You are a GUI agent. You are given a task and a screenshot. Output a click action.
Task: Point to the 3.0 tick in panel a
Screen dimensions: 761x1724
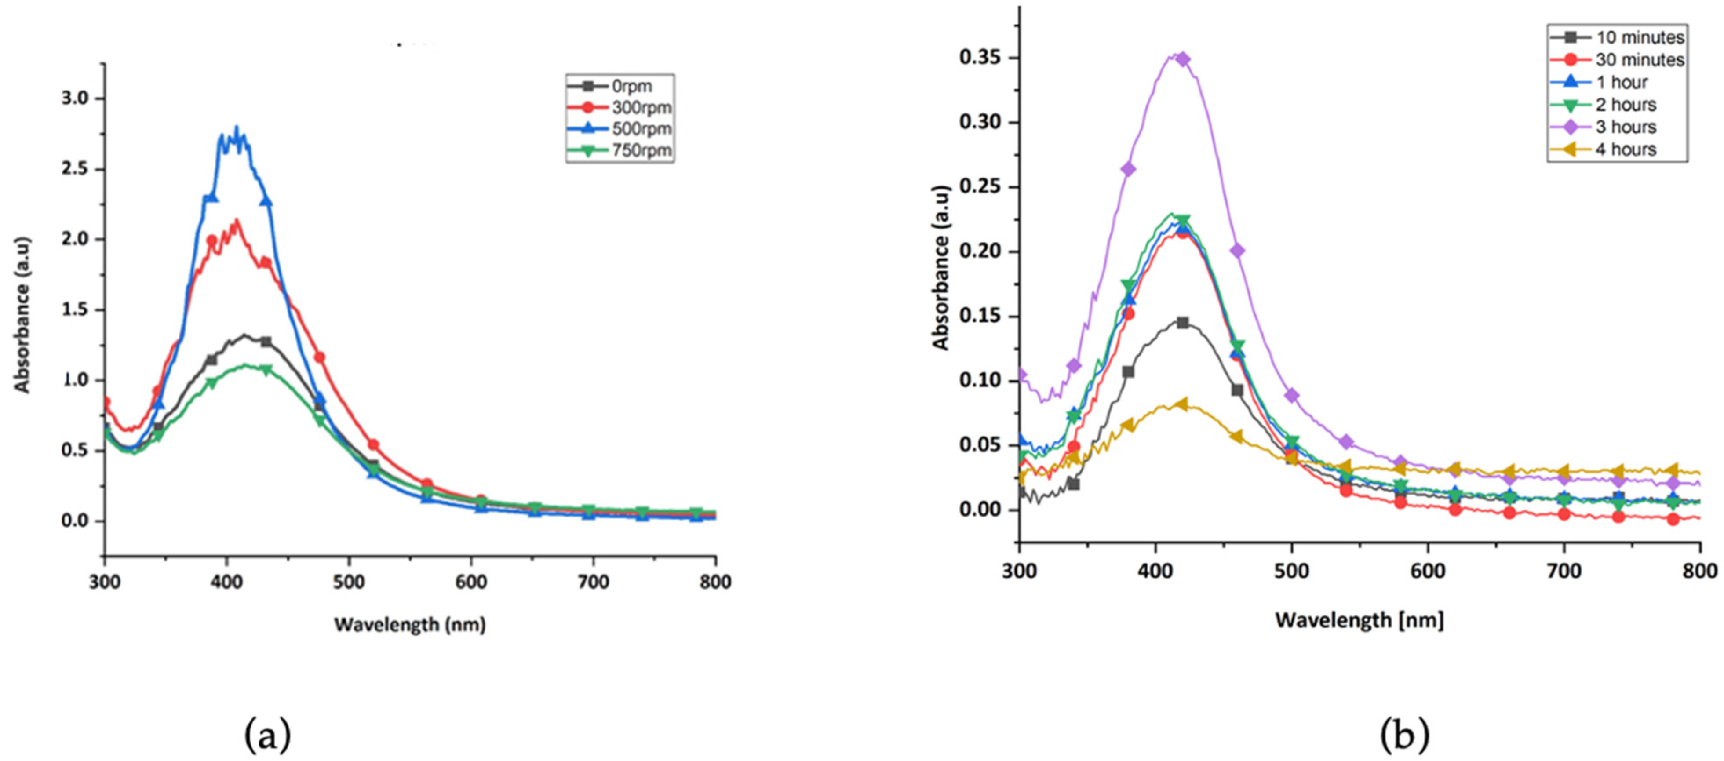point(75,98)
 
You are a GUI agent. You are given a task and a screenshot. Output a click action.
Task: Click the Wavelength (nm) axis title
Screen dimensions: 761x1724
point(410,624)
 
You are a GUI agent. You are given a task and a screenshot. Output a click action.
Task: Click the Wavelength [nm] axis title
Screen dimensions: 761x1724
point(1359,620)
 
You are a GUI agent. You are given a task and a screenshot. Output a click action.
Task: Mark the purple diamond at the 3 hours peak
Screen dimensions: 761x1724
point(1183,59)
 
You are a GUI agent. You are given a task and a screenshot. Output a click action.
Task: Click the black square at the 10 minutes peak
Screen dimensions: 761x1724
point(1183,323)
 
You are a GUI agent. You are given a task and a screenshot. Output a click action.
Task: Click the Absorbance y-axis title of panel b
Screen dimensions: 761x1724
point(941,268)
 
